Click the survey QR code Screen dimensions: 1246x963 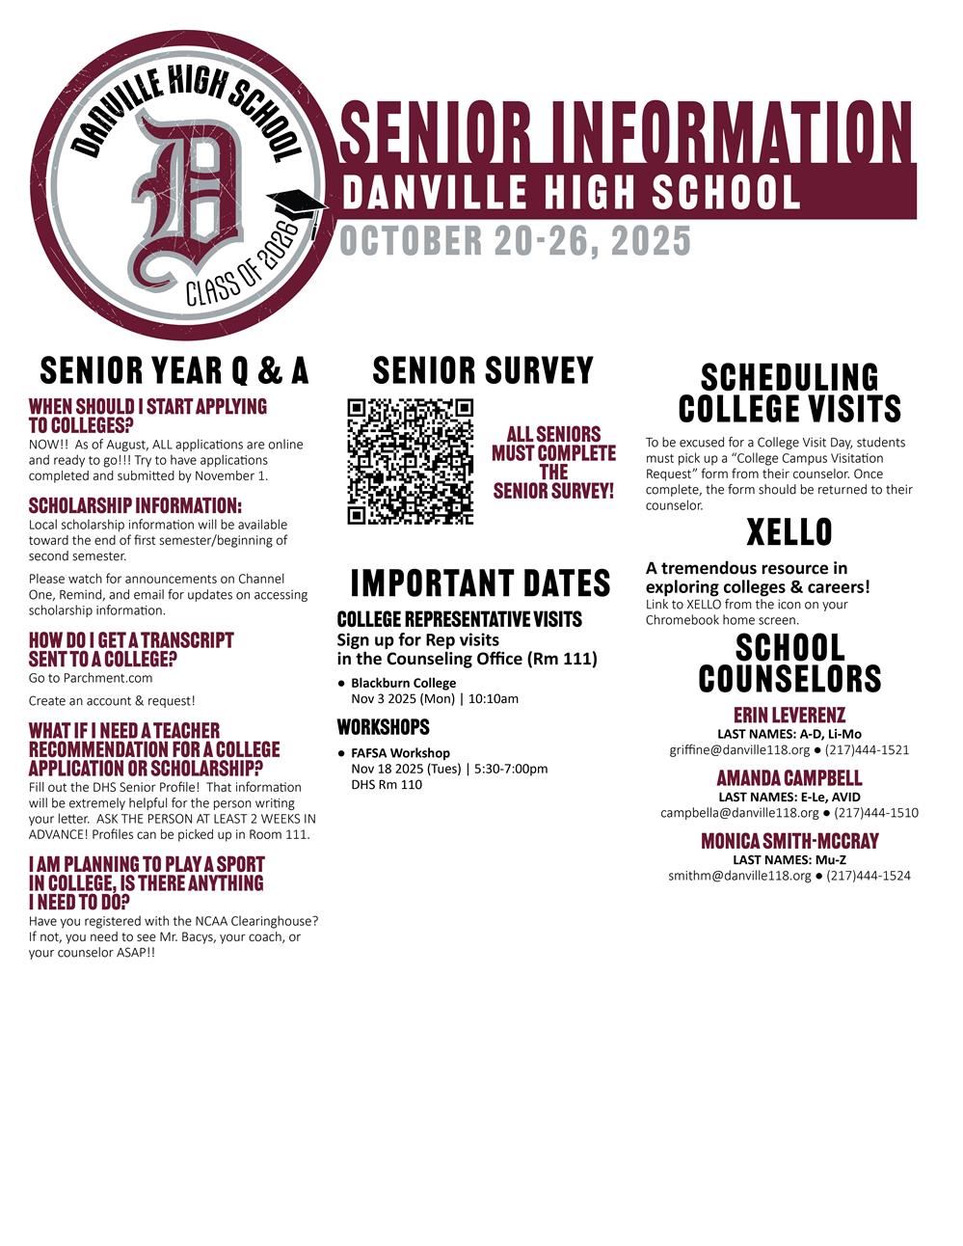[410, 461]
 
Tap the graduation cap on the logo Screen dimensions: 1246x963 [297, 205]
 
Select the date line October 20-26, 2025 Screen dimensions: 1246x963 [515, 241]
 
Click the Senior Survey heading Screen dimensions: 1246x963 [483, 371]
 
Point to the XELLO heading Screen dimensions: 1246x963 [789, 532]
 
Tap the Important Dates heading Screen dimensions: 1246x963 [480, 583]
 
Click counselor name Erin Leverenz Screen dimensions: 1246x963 [789, 716]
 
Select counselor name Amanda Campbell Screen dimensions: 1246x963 [789, 778]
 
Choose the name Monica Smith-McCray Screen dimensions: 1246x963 [789, 841]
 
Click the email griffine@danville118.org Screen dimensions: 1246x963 [739, 749]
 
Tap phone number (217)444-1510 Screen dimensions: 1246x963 [875, 812]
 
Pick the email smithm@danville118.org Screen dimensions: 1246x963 [739, 876]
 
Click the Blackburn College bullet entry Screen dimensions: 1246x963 [403, 683]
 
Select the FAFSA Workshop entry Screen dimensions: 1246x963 [400, 752]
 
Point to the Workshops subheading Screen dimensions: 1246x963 [383, 726]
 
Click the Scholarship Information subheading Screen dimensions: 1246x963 [135, 505]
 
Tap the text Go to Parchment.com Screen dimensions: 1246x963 [91, 678]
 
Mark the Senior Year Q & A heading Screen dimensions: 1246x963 [174, 370]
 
